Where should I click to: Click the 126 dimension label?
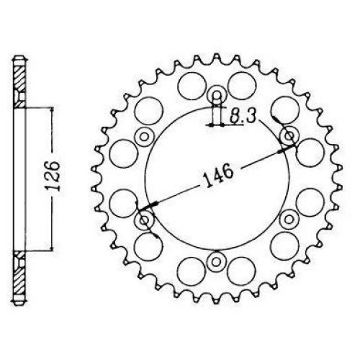[x=53, y=176]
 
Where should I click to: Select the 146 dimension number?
[x=218, y=175]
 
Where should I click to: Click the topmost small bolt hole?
[x=217, y=95]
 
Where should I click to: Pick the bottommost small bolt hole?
[x=217, y=262]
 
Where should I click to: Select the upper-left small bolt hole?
[x=144, y=137]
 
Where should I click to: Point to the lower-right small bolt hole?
[x=289, y=220]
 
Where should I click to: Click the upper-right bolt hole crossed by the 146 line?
[x=289, y=137]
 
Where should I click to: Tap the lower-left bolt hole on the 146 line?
[x=144, y=220]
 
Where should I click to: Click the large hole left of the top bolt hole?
[x=192, y=86]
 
